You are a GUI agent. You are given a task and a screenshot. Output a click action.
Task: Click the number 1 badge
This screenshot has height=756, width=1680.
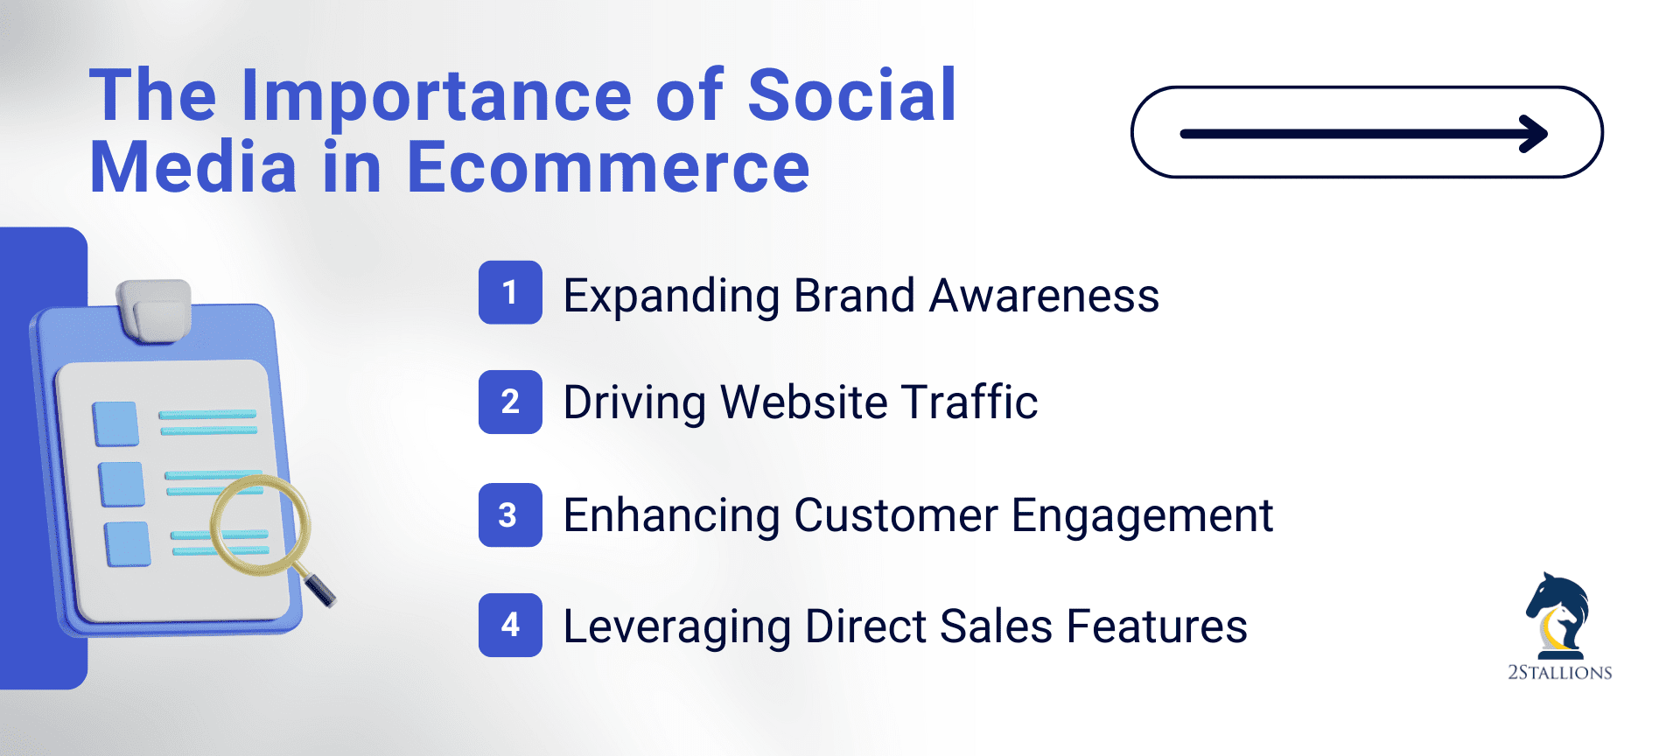coord(510,292)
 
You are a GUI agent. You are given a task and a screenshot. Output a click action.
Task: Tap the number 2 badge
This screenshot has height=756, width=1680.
coord(510,402)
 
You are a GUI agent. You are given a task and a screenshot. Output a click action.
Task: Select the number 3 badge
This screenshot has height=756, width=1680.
coord(510,514)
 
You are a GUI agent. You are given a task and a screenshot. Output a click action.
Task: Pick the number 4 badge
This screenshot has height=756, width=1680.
coord(510,625)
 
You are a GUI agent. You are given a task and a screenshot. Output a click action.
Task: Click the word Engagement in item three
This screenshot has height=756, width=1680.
coord(1142,515)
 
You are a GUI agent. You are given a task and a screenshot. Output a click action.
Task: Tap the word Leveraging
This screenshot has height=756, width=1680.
coord(676,627)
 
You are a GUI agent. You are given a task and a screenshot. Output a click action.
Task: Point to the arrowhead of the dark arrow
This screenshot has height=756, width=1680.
coord(1534,134)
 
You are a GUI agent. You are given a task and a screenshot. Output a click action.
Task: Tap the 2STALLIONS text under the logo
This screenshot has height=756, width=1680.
coord(1559,673)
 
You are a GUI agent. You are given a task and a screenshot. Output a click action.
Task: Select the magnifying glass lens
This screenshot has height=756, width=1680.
coord(261,525)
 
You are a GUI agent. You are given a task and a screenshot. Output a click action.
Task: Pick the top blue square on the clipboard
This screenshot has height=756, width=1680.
coord(115,423)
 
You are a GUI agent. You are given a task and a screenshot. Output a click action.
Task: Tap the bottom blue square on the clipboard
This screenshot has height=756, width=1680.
coord(128,544)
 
